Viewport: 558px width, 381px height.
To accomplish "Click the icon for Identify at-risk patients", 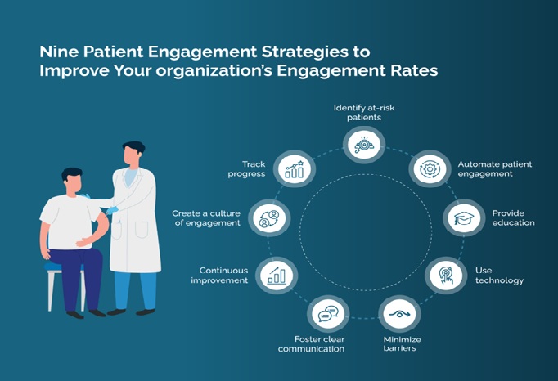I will coord(364,145).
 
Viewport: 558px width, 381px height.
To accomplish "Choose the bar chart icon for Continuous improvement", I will coord(276,276).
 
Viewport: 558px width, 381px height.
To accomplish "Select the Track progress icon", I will coord(294,168).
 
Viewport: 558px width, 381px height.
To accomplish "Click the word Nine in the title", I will coord(57,52).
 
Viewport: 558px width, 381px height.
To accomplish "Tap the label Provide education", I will coord(513,218).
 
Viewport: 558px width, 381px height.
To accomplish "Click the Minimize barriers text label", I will coord(400,343).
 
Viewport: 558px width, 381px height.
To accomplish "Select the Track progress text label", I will coord(247,168).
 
